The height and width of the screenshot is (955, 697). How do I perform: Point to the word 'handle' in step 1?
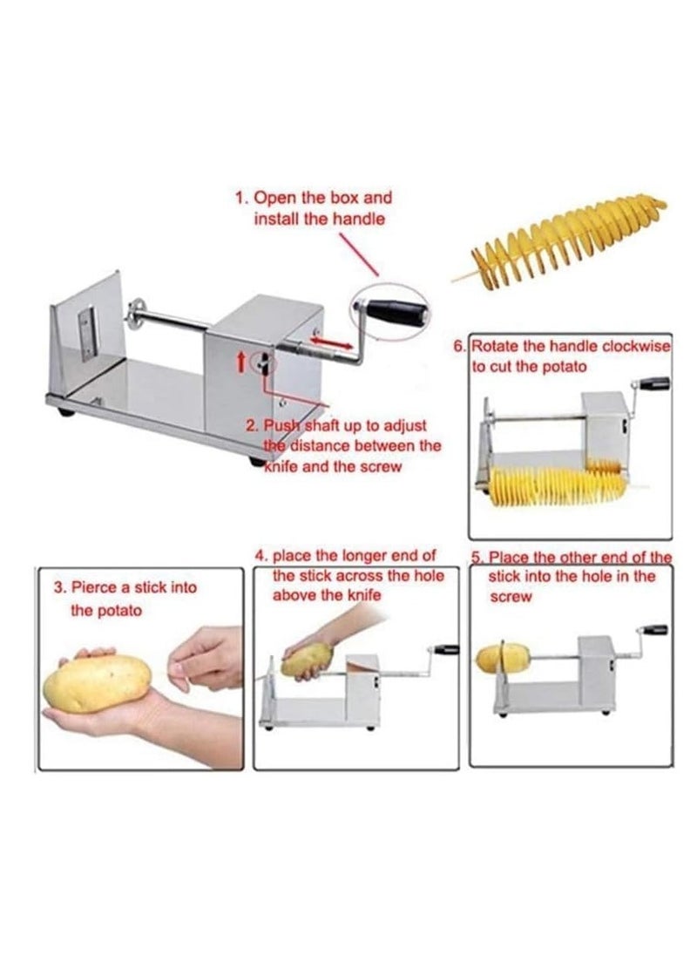(357, 219)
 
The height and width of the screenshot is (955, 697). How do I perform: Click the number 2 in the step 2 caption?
(251, 426)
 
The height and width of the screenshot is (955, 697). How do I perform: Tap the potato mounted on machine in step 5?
(503, 657)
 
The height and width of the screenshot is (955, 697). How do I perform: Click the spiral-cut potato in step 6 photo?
(558, 484)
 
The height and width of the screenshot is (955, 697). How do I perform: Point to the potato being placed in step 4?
(306, 661)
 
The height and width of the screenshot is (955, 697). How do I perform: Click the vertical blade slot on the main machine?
(85, 331)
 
